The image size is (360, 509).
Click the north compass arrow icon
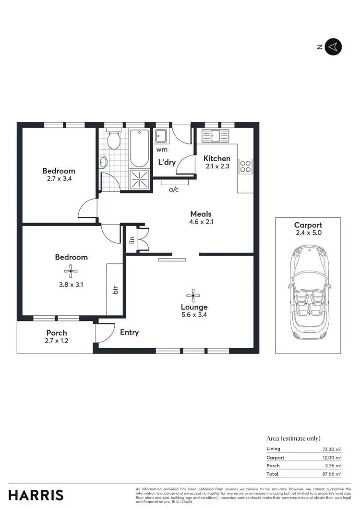pos(333,47)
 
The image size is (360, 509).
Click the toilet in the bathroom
pos(114,140)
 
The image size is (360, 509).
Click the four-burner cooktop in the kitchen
pos(245,166)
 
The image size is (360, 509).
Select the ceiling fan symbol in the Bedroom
pos(71,272)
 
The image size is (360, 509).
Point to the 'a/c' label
pos(174,189)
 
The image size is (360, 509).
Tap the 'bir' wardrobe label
pos(115,290)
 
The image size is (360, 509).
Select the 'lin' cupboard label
pos(132,239)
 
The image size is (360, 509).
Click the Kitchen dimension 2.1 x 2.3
pos(217,167)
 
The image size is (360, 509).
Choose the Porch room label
pos(57,333)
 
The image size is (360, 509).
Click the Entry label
pos(129,332)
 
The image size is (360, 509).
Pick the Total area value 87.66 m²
pos(332,473)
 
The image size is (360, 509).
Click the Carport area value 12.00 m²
pos(332,457)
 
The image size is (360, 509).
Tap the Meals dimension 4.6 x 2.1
pos(201,222)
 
